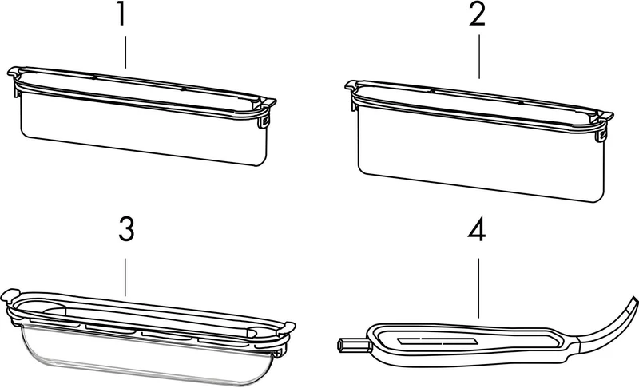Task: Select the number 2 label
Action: [x=477, y=15]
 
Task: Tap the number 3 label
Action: [x=126, y=229]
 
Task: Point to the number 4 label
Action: [x=476, y=232]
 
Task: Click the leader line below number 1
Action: [x=125, y=52]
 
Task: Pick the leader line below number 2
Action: [x=478, y=57]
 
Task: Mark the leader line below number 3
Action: [x=125, y=276]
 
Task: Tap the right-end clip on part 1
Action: [x=265, y=121]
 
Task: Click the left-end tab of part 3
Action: [x=10, y=295]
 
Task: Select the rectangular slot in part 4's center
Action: [x=436, y=341]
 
